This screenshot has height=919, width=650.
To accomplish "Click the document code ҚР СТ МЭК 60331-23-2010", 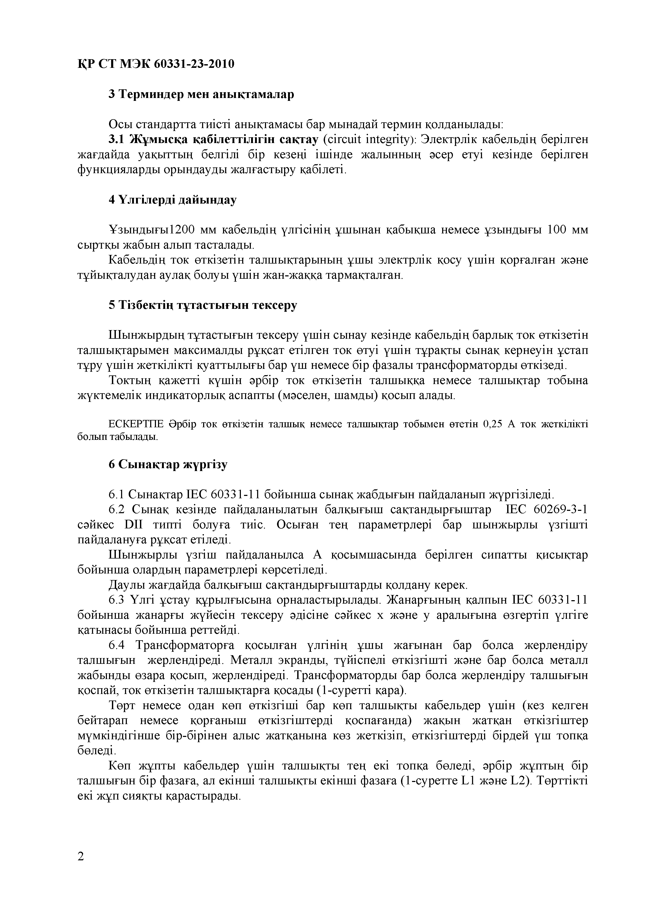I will [x=155, y=64].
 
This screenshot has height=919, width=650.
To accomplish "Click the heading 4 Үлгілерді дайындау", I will [x=173, y=199].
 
